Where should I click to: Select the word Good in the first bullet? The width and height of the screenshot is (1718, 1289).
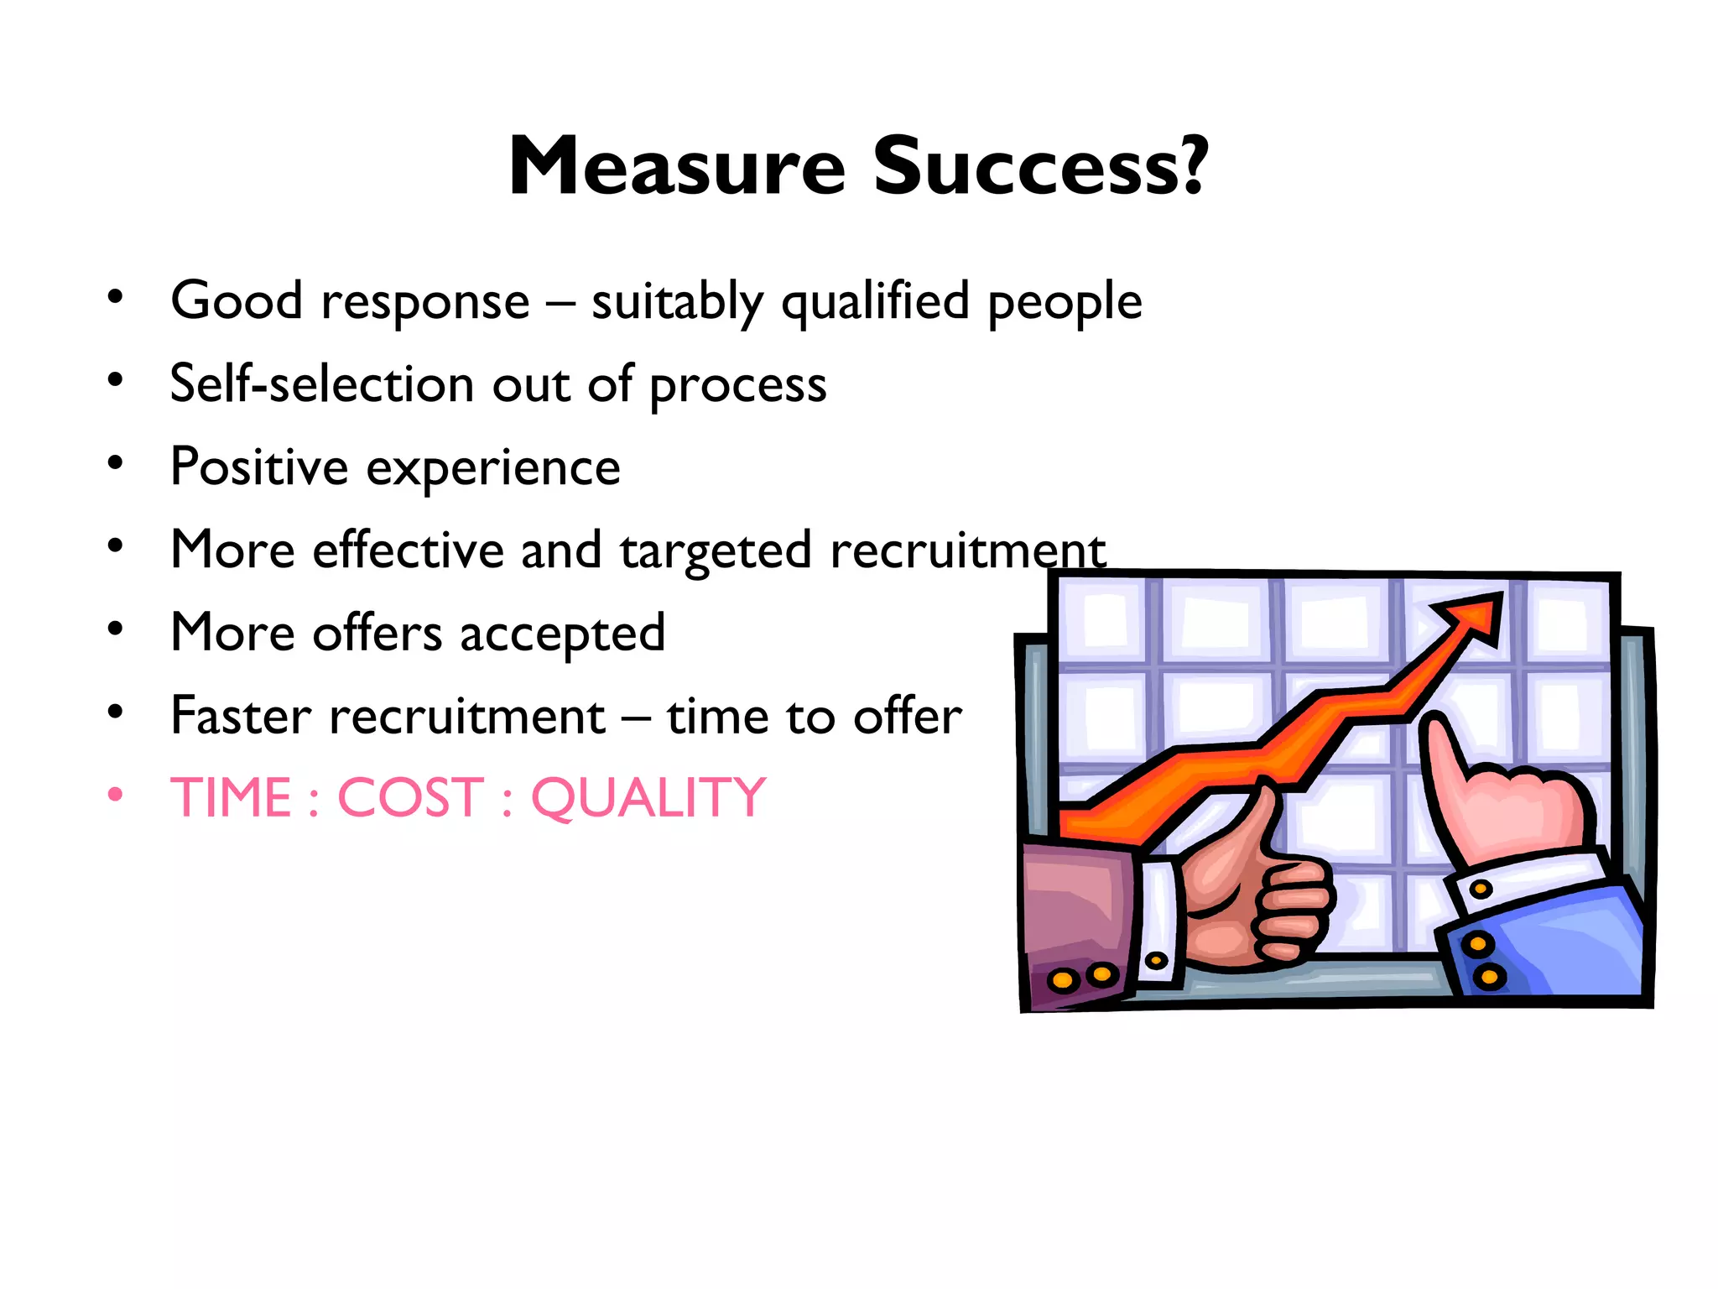click(237, 300)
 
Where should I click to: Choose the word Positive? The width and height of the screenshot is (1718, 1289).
click(259, 467)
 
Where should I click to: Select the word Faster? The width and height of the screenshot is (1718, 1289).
click(241, 716)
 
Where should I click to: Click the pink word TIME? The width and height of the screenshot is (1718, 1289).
click(231, 797)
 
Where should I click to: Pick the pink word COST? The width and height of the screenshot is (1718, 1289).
click(410, 797)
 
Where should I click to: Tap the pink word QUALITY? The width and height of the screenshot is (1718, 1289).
click(648, 797)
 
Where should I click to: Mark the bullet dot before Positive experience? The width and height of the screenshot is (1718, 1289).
click(116, 462)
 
